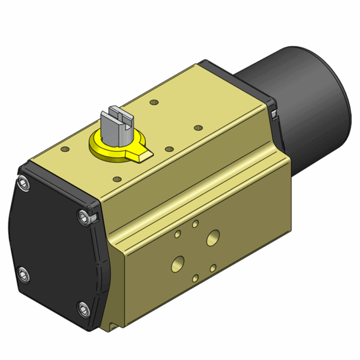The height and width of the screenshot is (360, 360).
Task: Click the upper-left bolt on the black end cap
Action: click(23, 183)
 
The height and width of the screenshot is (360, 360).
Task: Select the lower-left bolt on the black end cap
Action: click(22, 275)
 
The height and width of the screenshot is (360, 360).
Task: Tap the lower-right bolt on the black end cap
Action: click(83, 310)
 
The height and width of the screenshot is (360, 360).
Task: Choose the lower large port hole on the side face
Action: click(178, 262)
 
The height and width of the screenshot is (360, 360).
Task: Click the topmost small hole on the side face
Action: click(196, 224)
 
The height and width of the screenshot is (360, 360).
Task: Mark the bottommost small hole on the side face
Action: click(196, 278)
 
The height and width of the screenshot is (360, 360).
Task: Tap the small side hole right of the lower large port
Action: click(214, 267)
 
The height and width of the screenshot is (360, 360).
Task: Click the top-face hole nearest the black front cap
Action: click(65, 148)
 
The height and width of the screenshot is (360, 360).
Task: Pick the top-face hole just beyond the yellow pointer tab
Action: click(169, 148)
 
